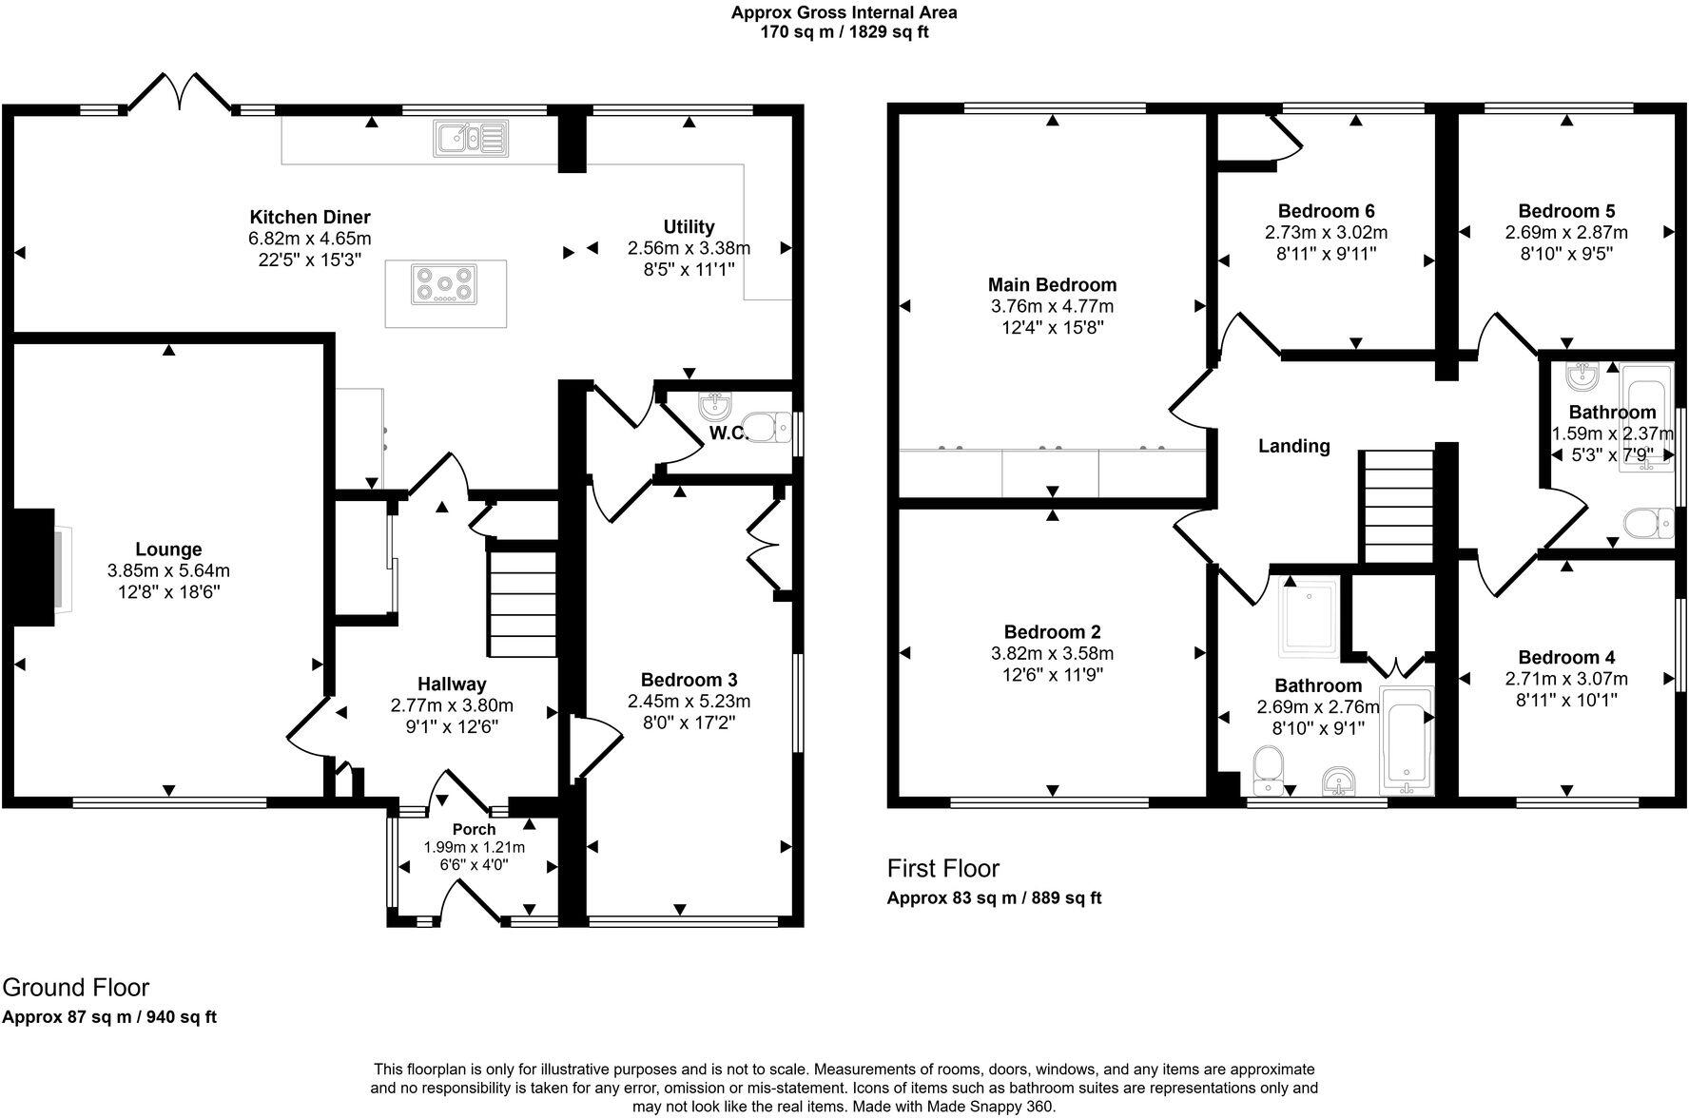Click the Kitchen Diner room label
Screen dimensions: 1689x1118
click(x=309, y=218)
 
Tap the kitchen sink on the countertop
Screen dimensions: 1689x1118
click(x=472, y=138)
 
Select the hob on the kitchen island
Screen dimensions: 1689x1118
click(x=444, y=283)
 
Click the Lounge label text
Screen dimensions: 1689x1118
click(x=168, y=549)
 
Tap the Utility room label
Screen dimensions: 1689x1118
click(x=689, y=227)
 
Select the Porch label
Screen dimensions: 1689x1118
click(x=474, y=829)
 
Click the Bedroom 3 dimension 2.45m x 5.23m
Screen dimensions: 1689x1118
click(x=689, y=702)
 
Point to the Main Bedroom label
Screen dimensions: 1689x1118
click(x=1052, y=285)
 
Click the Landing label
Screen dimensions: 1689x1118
click(x=1293, y=446)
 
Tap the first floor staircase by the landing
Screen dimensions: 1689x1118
click(x=1398, y=508)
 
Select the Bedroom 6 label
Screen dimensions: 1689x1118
click(x=1326, y=211)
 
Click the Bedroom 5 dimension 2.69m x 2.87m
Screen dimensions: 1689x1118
click(x=1565, y=233)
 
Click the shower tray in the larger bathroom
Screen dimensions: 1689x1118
click(x=1310, y=617)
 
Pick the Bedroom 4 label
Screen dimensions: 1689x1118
click(x=1565, y=658)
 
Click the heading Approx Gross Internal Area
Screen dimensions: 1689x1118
click(x=844, y=12)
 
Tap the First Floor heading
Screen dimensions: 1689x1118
click(x=942, y=868)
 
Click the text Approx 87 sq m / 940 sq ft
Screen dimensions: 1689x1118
click(x=109, y=1017)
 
